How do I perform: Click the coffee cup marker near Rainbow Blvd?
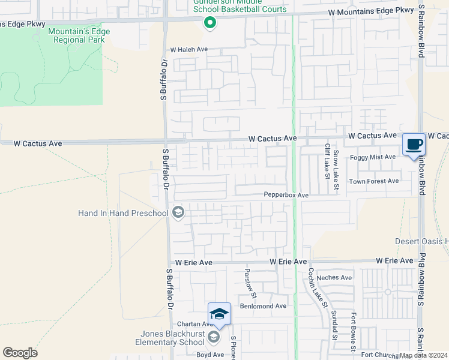pyautogui.click(x=414, y=145)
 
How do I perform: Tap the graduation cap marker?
pyautogui.click(x=219, y=314)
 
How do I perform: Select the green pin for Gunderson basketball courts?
pyautogui.click(x=209, y=23)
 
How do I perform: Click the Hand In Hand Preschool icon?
pyautogui.click(x=178, y=212)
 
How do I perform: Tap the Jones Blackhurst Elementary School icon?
pyautogui.click(x=213, y=338)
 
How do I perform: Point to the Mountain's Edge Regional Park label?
pyautogui.click(x=76, y=35)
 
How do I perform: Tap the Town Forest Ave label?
pyautogui.click(x=374, y=181)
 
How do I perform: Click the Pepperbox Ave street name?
pyautogui.click(x=286, y=196)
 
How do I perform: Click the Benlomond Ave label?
pyautogui.click(x=263, y=306)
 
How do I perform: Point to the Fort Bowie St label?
pyautogui.click(x=354, y=330)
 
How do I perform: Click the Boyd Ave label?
pyautogui.click(x=210, y=355)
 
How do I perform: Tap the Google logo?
pyautogui.click(x=20, y=353)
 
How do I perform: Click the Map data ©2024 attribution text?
pyautogui.click(x=423, y=355)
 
